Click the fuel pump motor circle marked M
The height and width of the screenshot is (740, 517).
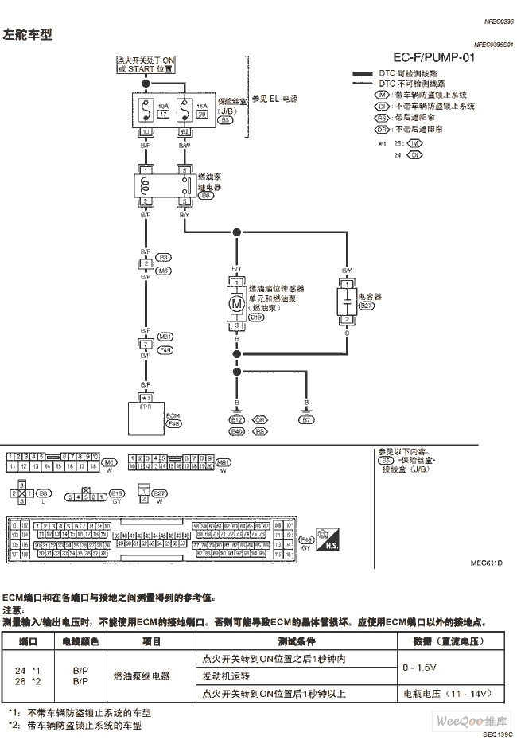236,302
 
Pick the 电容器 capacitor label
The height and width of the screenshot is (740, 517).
371,296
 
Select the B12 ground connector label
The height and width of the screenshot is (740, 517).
237,419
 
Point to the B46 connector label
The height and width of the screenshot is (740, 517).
237,431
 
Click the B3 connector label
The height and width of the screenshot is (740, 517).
164,258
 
